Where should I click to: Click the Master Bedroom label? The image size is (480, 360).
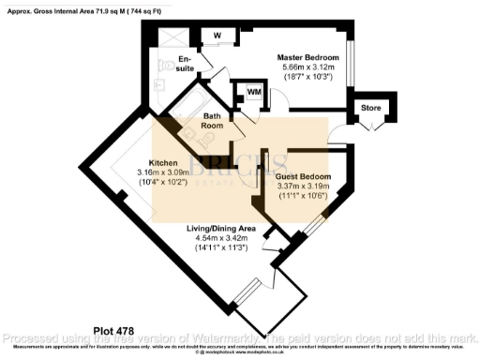(x=301, y=57)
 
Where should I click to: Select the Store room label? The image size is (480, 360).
(x=371, y=108)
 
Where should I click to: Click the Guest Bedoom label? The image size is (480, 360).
(x=303, y=175)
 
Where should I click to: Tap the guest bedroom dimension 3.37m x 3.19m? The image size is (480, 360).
(x=303, y=187)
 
